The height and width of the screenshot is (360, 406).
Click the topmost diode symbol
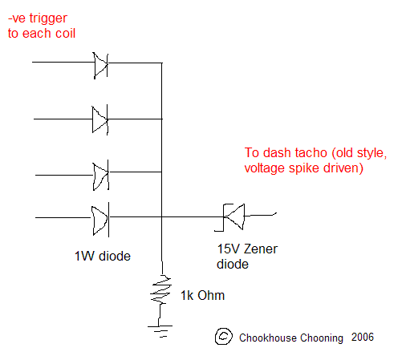[x=100, y=65]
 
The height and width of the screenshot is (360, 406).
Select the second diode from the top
[x=100, y=119]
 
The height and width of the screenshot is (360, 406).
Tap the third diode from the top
[x=101, y=175]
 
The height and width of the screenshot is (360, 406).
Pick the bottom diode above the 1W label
[x=100, y=220]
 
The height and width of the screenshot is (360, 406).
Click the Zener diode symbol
[x=232, y=217]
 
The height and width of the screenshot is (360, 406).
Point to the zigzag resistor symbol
[x=160, y=290]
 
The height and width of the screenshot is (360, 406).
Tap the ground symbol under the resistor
[x=160, y=331]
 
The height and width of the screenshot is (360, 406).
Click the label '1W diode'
[x=103, y=256]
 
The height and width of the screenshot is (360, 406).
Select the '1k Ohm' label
[x=202, y=295]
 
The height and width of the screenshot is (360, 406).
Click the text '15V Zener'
[x=247, y=249]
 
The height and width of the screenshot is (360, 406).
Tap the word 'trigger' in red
[x=48, y=19]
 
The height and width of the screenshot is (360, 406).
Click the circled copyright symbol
[x=223, y=336]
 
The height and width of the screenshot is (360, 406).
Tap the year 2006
[x=363, y=337]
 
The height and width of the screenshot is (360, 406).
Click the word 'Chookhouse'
[x=268, y=338]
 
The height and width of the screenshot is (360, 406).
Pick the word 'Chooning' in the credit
[x=322, y=338]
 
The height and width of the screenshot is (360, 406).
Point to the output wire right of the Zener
[x=260, y=215]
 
